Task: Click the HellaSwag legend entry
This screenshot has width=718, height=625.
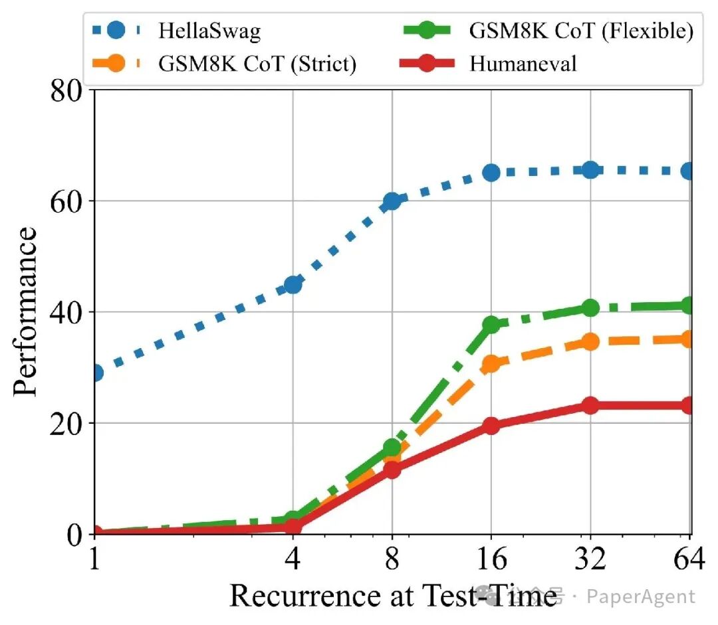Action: click(x=177, y=31)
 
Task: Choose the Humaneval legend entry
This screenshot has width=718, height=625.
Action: click(x=488, y=64)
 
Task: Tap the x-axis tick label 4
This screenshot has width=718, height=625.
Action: click(x=293, y=559)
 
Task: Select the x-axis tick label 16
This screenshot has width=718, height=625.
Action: click(x=491, y=559)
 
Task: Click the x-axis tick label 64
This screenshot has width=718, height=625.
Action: click(x=688, y=559)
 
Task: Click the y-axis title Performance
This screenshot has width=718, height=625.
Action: click(x=25, y=311)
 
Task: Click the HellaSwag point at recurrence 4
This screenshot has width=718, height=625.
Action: click(x=293, y=284)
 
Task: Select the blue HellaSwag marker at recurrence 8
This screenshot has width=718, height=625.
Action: click(x=392, y=201)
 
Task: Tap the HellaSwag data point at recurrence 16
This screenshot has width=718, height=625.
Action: click(x=491, y=173)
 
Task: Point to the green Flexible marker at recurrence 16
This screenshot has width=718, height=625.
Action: click(x=491, y=325)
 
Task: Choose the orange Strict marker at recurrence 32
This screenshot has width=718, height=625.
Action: click(x=591, y=341)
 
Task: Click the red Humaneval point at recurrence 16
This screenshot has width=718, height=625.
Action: click(x=491, y=426)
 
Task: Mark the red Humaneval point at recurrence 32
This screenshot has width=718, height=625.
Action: click(x=591, y=405)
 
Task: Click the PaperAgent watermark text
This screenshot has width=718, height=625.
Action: click(x=641, y=596)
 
